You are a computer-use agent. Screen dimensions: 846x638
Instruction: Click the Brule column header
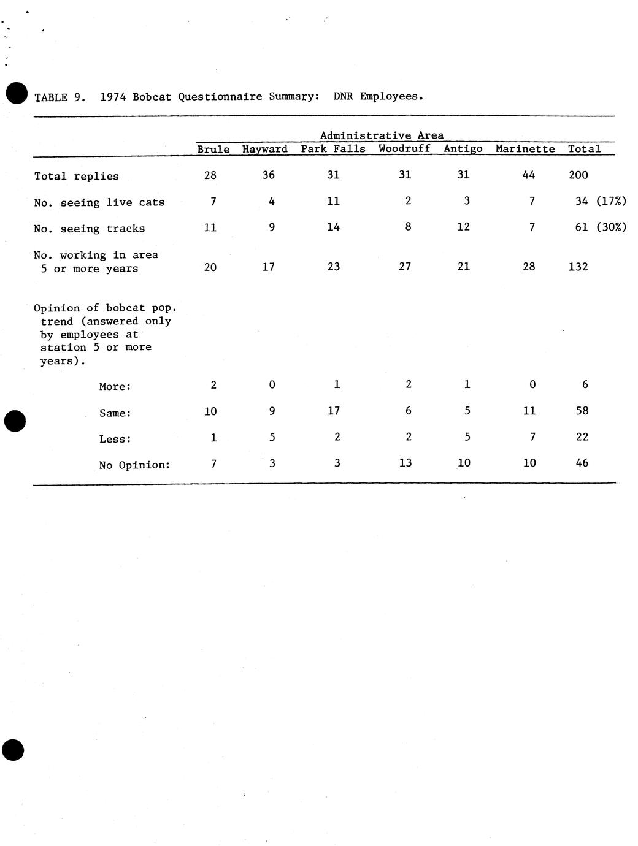click(x=213, y=149)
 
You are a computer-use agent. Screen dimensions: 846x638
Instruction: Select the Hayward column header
click(x=264, y=149)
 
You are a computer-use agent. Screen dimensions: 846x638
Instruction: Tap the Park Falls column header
click(x=332, y=149)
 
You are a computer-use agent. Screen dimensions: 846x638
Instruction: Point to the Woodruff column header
click(x=404, y=149)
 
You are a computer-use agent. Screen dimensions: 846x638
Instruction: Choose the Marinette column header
click(x=525, y=149)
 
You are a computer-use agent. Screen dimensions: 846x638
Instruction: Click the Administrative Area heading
click(x=382, y=135)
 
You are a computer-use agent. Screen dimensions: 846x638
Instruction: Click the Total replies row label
click(x=76, y=177)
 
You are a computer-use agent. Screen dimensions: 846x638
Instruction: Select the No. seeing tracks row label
click(x=89, y=229)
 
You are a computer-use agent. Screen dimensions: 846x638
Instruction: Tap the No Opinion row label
click(x=134, y=465)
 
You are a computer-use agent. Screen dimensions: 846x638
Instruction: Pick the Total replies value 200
click(x=578, y=175)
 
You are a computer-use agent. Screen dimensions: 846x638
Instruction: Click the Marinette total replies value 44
click(x=528, y=175)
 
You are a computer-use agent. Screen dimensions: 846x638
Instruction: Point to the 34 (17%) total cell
click(x=601, y=201)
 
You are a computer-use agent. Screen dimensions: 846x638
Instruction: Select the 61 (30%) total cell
click(x=601, y=227)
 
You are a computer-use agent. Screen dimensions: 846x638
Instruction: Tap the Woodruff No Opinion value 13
click(x=405, y=463)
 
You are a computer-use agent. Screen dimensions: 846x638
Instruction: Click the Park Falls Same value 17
click(x=333, y=411)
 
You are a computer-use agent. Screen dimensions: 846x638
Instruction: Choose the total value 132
click(x=578, y=267)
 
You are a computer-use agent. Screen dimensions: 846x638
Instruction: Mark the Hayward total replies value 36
click(x=268, y=175)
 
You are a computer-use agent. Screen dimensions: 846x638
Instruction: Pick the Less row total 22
click(x=582, y=437)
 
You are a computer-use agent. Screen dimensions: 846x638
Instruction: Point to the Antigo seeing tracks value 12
click(x=463, y=227)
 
